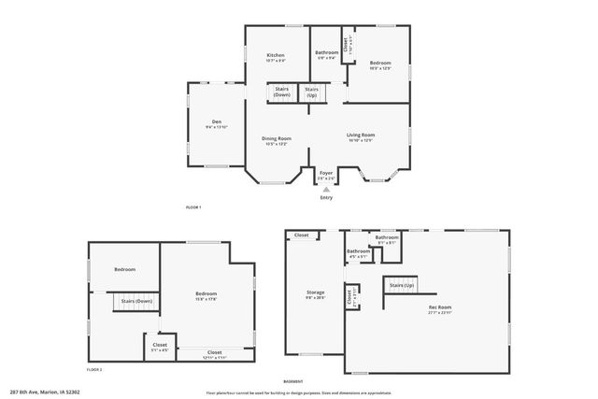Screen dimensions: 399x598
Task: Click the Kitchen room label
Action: point(276,55)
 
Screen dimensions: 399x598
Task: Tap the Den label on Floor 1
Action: point(216,121)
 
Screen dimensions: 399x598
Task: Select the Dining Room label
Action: point(278,138)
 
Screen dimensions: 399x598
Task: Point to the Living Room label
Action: point(360,135)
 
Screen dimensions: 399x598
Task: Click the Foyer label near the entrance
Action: point(326,173)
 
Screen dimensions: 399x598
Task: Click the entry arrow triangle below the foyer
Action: point(326,188)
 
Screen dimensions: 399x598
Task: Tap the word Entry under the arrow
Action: point(326,197)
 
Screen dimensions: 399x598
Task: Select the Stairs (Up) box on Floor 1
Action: point(311,92)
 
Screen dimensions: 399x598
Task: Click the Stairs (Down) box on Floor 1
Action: point(281,92)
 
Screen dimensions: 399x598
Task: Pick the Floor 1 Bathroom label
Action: point(326,52)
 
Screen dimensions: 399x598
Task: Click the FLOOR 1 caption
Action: point(193,207)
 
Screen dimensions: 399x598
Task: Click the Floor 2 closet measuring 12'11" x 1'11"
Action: point(214,352)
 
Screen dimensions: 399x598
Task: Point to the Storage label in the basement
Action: point(316,292)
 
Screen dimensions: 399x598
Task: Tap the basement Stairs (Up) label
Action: point(402,284)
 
